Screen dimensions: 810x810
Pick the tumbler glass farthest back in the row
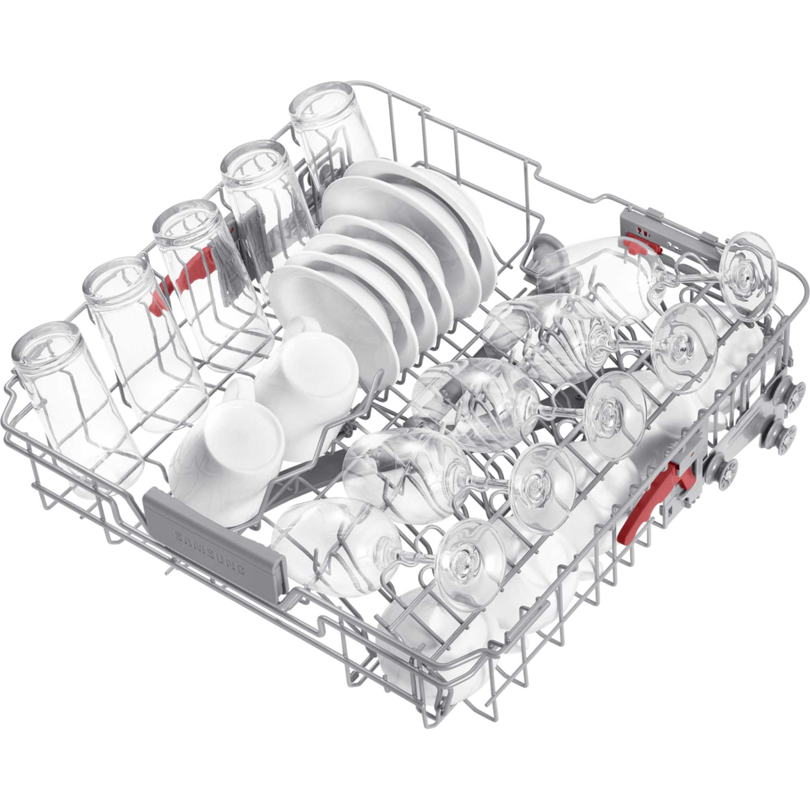(x=331, y=126)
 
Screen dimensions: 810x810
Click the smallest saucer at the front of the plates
(x=319, y=302)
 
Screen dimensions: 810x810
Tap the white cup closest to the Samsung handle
(x=226, y=453)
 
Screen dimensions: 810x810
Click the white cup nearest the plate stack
(x=306, y=377)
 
